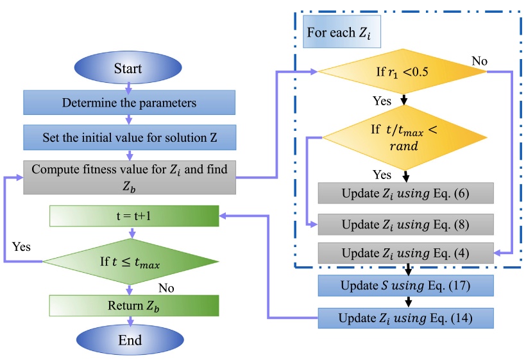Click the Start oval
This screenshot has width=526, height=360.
[x=128, y=69]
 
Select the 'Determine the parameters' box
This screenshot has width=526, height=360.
[x=130, y=102]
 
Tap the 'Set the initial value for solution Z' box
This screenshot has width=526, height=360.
[x=130, y=137]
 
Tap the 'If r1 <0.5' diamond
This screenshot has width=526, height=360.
[x=403, y=72]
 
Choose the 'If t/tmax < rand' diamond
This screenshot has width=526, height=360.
[x=403, y=137]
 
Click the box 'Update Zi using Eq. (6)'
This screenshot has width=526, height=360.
[x=405, y=193]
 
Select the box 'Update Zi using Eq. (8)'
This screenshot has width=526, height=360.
[x=405, y=225]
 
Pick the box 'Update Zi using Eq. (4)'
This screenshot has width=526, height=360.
[x=405, y=253]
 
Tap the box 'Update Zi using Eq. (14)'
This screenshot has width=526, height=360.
[x=405, y=318]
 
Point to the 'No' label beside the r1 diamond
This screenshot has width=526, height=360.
[x=480, y=61]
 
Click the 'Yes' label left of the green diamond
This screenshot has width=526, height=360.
[x=22, y=246]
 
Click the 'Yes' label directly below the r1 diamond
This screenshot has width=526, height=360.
[x=383, y=101]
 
